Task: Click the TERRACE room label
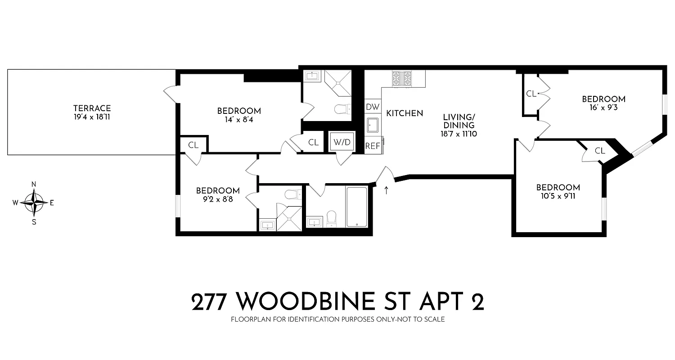click(x=92, y=108)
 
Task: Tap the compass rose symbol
click(x=34, y=202)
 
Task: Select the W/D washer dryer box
click(x=341, y=142)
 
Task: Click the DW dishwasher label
click(x=373, y=107)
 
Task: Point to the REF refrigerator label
click(x=373, y=146)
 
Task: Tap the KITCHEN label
click(x=405, y=113)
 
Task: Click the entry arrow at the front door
click(x=387, y=190)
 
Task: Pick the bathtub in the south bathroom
click(x=356, y=207)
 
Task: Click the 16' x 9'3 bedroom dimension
click(x=603, y=108)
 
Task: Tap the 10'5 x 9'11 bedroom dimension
click(x=557, y=196)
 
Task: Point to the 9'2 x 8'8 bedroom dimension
click(x=217, y=199)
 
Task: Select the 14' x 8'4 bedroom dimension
click(x=239, y=120)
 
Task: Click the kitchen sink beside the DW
click(x=373, y=126)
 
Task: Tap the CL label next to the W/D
click(x=313, y=143)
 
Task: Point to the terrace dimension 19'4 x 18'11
click(x=92, y=117)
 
